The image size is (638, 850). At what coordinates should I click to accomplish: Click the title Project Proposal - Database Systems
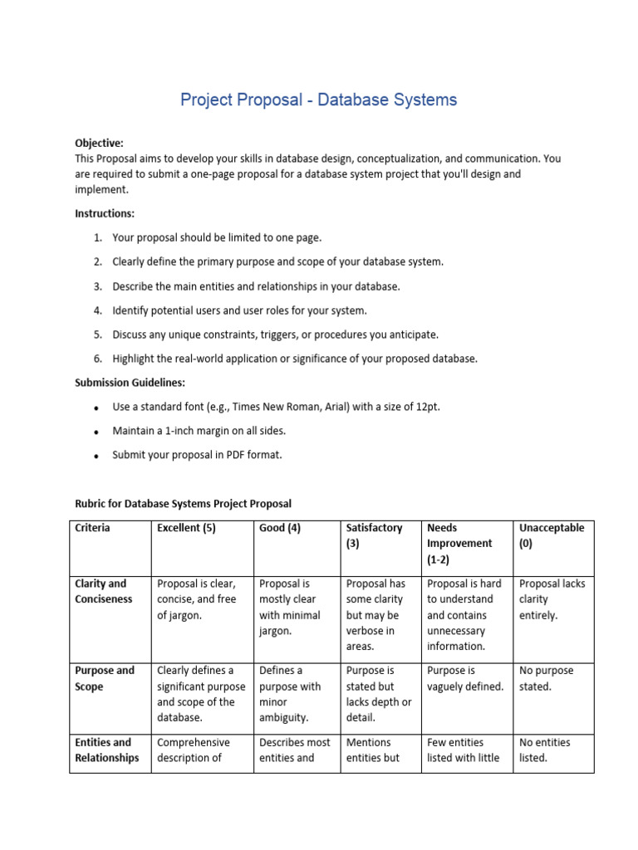click(x=318, y=100)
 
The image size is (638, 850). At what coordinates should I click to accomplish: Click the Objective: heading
click(x=99, y=143)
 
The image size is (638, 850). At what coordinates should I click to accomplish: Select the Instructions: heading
click(x=104, y=213)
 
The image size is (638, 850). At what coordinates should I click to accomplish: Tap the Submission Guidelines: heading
click(x=130, y=383)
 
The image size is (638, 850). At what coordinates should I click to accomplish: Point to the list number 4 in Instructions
click(x=97, y=310)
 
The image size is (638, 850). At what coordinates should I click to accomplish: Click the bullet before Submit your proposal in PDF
click(x=97, y=456)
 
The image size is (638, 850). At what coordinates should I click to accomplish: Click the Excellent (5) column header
click(x=186, y=528)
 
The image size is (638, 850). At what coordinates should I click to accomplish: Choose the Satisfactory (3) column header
click(x=374, y=535)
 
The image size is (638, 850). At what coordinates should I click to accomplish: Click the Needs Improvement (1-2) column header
click(x=459, y=544)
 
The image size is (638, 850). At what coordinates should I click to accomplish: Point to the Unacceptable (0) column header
click(x=552, y=535)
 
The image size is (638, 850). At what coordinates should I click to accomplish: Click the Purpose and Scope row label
click(x=105, y=678)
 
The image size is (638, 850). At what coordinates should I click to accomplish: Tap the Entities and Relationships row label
click(x=107, y=750)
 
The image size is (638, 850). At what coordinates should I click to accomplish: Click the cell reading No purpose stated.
click(x=546, y=678)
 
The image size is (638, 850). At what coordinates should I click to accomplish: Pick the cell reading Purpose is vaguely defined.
click(x=465, y=678)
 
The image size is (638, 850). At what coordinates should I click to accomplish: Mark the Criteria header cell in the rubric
click(x=92, y=528)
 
